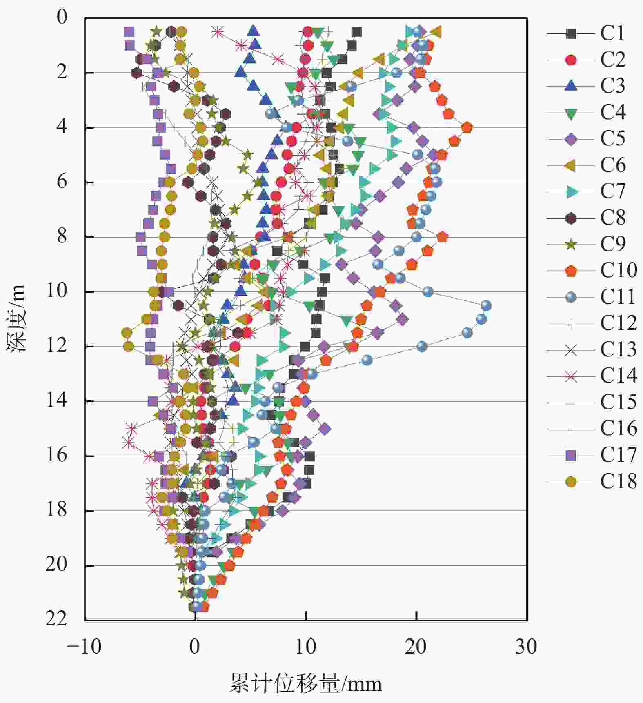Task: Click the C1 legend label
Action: pyautogui.click(x=612, y=33)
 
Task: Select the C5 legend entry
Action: pyautogui.click(x=612, y=139)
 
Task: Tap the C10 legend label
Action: pyautogui.click(x=618, y=270)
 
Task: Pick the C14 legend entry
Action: pyautogui.click(x=618, y=376)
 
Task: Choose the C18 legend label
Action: pyautogui.click(x=618, y=481)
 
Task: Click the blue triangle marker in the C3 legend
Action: pyautogui.click(x=571, y=86)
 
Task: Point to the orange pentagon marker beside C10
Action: pyautogui.click(x=571, y=270)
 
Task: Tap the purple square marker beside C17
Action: pyautogui.click(x=571, y=455)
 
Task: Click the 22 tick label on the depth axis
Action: pyautogui.click(x=56, y=619)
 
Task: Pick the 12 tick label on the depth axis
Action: pyautogui.click(x=56, y=346)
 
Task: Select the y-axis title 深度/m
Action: pyautogui.click(x=16, y=318)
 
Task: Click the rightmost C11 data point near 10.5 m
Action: pyautogui.click(x=485, y=306)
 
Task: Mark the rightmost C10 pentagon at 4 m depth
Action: pyautogui.click(x=467, y=128)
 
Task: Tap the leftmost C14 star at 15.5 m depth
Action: pyautogui.click(x=129, y=442)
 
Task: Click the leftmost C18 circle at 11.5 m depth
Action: pyautogui.click(x=127, y=333)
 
